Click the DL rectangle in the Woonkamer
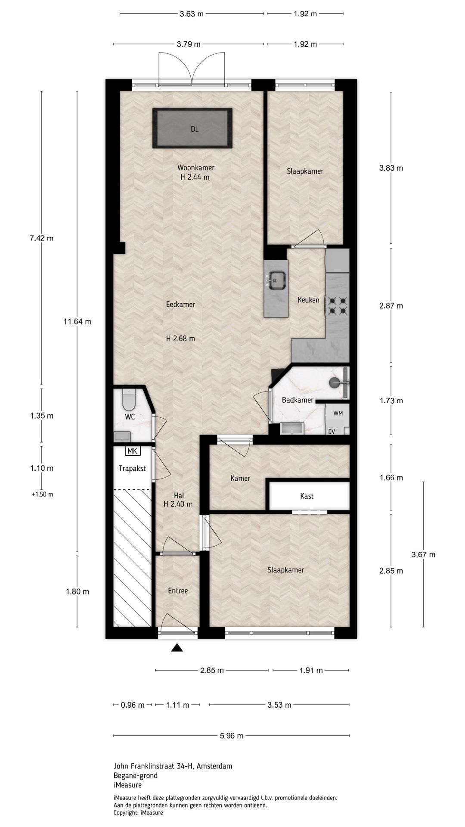coord(192,128)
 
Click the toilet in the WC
coord(128,400)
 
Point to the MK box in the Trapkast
coord(133,451)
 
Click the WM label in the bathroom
coord(338,413)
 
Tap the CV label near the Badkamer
coord(332,431)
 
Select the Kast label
coord(307,496)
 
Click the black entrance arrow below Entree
coord(177,648)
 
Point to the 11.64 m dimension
coord(77,322)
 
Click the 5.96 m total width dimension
coord(231,736)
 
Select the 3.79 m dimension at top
coord(189,44)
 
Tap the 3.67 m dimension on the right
coord(423,554)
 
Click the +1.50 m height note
coord(42,494)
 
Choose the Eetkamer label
coord(180,305)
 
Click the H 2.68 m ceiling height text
coord(180,339)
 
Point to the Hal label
coord(179,496)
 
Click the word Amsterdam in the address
coord(214,766)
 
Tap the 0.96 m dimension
coord(133,705)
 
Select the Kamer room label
coord(240,478)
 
